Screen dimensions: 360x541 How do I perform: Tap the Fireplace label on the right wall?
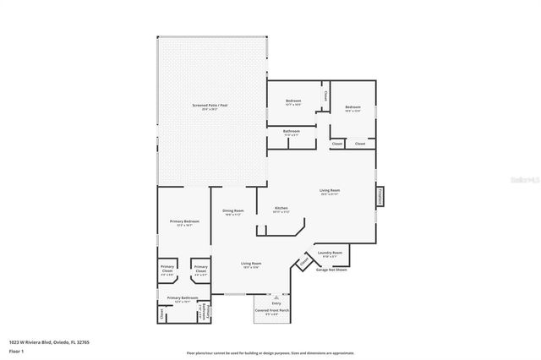[x=380, y=196]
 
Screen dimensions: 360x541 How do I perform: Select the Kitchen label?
[x=281, y=210]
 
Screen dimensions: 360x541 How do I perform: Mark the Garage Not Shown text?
[x=331, y=270]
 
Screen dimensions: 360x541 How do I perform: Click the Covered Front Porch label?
[x=272, y=312]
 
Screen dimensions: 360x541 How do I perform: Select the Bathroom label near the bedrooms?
[x=292, y=132]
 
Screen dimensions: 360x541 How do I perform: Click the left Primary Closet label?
[x=167, y=270]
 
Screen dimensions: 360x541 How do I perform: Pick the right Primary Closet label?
[x=201, y=270]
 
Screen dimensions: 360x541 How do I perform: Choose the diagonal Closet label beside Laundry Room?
[x=304, y=263]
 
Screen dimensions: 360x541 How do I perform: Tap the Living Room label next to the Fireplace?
[x=329, y=192]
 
